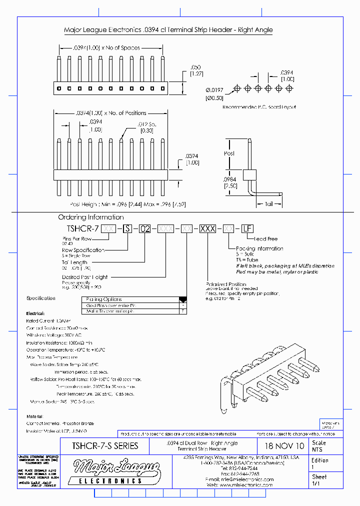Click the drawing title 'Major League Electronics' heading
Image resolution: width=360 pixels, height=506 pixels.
(168, 30)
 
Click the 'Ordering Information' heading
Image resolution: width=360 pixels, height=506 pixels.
(90, 217)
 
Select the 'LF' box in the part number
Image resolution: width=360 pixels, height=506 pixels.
(246, 229)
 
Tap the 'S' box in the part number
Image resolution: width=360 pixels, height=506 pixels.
(128, 229)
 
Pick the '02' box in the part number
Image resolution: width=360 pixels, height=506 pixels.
(144, 229)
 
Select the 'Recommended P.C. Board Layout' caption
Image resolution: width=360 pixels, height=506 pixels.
(259, 107)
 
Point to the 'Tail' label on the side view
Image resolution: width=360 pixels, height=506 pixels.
(269, 204)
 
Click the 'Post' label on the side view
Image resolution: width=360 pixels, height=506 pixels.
(229, 153)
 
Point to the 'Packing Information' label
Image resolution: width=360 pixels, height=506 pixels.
(259, 248)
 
